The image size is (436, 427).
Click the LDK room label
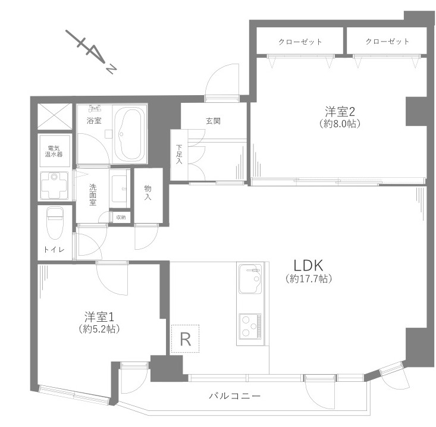pyautogui.click(x=308, y=266)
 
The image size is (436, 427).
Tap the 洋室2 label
pyautogui.click(x=340, y=112)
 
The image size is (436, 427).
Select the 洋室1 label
pyautogui.click(x=99, y=317)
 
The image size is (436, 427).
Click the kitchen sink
pyautogui.click(x=250, y=278)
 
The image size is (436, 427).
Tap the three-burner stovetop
pyautogui.click(x=250, y=326)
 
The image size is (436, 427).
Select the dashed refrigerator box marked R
pyautogui.click(x=185, y=338)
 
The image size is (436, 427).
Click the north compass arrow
pyautogui.click(x=90, y=52)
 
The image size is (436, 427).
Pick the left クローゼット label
pyautogui.click(x=300, y=42)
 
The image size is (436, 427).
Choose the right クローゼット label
pyautogui.click(x=387, y=42)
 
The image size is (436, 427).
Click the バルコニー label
pyautogui.click(x=235, y=395)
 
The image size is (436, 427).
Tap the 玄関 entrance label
pyautogui.click(x=214, y=121)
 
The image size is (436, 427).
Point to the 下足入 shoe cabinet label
pyautogui.click(x=179, y=154)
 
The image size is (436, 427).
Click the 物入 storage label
pyautogui.click(x=148, y=193)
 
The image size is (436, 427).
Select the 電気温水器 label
pyautogui.click(x=54, y=151)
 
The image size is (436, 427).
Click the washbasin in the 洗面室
pyautogui.click(x=120, y=189)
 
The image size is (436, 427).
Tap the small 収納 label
pyautogui.click(x=121, y=218)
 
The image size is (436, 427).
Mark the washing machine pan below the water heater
pyautogui.click(x=54, y=186)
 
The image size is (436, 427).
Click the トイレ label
pyautogui.click(x=54, y=250)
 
